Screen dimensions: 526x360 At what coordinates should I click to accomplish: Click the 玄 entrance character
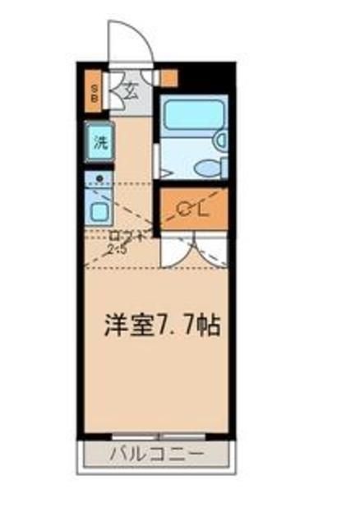[x=132, y=89]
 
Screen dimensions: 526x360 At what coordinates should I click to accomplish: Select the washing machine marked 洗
[x=99, y=141]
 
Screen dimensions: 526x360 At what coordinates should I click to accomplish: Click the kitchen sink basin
[x=99, y=212]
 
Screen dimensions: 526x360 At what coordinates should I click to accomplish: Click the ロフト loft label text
[x=128, y=237]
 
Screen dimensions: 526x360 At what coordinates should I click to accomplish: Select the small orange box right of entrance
[x=168, y=78]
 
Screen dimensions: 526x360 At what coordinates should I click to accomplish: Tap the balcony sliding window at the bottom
[x=158, y=436]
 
